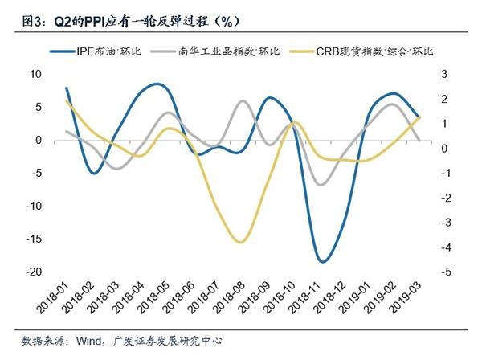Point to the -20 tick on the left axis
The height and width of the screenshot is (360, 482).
tap(35, 272)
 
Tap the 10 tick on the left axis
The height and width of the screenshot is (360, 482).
tap(36, 74)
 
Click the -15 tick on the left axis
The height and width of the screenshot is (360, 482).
tap(35, 239)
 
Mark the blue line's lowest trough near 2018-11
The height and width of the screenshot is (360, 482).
tap(322, 261)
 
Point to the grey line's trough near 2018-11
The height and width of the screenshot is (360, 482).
tap(321, 186)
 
